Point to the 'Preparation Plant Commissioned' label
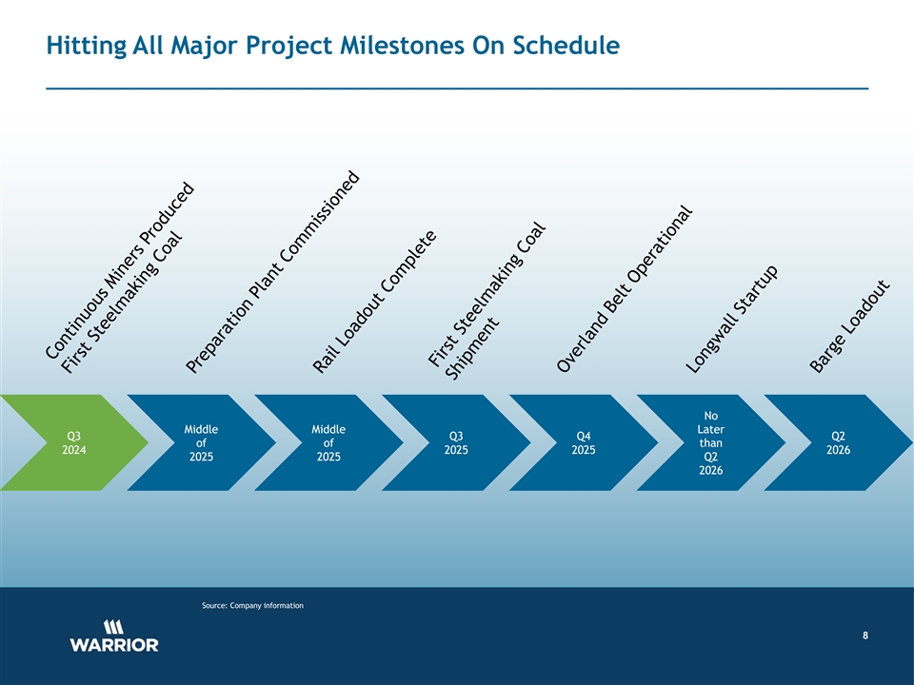point(273,272)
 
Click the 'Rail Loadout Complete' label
point(374,302)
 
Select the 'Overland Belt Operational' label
point(625,289)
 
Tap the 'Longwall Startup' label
point(731,320)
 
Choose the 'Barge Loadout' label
point(850,326)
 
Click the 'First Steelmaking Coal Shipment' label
point(487,302)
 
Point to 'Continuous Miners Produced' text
point(119,270)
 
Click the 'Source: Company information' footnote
point(252,606)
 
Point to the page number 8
point(865,636)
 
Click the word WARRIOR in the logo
point(114,645)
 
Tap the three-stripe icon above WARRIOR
point(113,627)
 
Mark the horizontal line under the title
point(457,88)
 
